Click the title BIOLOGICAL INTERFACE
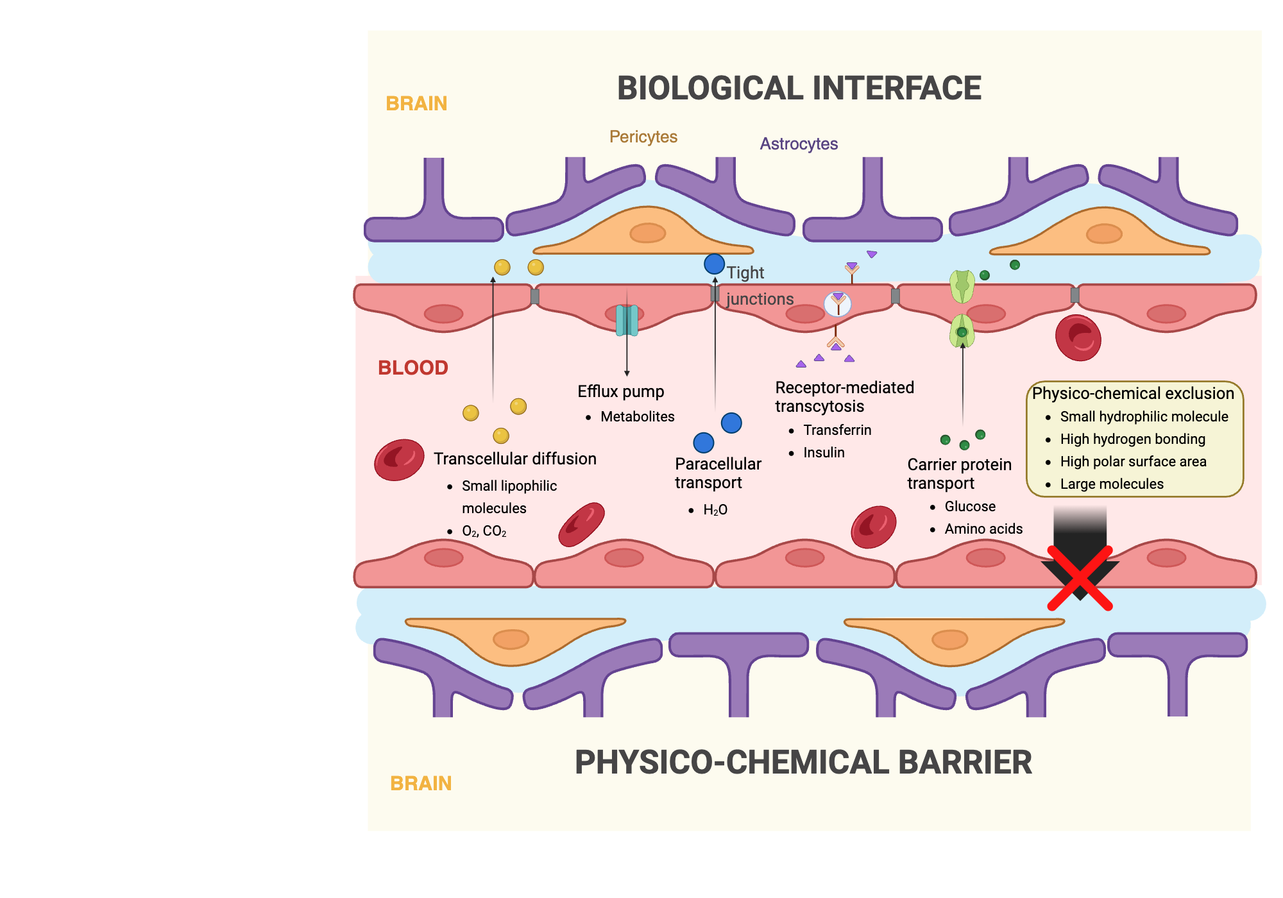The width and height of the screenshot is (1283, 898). (799, 89)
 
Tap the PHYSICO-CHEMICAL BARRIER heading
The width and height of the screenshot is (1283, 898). (803, 763)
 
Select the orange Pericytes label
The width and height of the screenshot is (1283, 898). (643, 137)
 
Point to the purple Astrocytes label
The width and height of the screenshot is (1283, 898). (799, 144)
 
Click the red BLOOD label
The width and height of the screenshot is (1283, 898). (412, 368)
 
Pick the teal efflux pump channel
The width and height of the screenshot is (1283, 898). (627, 320)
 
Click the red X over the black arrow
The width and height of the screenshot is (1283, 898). (1080, 578)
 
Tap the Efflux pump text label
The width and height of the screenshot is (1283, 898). (620, 391)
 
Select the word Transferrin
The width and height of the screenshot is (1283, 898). (837, 430)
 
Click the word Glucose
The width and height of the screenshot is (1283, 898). (970, 506)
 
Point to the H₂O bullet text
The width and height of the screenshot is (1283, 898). (715, 510)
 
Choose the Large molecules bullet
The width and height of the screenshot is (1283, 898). (1111, 484)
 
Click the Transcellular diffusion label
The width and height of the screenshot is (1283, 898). (514, 459)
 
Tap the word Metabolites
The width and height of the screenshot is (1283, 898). (637, 416)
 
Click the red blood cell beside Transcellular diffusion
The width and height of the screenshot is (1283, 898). (399, 460)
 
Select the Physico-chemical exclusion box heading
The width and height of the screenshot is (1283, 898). (1133, 393)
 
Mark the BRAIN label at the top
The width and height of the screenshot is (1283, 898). (416, 103)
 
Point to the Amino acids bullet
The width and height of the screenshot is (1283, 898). (983, 529)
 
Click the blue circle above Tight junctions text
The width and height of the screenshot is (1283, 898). (714, 264)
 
